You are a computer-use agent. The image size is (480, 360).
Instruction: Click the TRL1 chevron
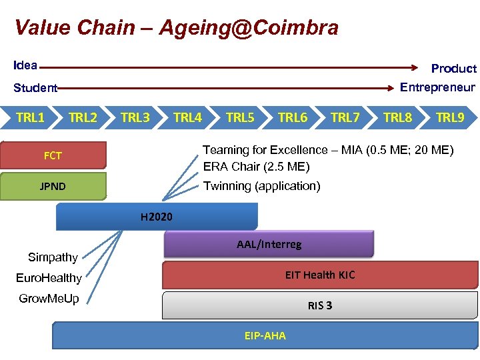click(31, 118)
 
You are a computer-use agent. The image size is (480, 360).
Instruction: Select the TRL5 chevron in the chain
click(240, 118)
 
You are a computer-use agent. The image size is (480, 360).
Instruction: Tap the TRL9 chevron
click(450, 118)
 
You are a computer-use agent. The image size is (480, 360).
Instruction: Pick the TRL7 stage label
click(345, 118)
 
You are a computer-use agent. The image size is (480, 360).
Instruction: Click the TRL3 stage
click(135, 118)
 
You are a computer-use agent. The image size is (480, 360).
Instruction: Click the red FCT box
click(53, 156)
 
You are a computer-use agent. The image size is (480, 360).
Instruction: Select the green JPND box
click(53, 187)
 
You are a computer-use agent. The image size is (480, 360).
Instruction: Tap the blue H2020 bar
click(157, 217)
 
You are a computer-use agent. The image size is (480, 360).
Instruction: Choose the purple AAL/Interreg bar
click(269, 245)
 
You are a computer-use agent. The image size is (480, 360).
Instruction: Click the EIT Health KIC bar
click(320, 275)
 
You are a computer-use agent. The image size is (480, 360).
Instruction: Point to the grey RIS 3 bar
click(320, 305)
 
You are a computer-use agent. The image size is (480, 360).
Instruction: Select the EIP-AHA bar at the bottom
click(265, 336)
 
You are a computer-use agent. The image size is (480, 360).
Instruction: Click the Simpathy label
click(53, 257)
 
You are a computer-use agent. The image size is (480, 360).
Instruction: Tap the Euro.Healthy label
click(49, 278)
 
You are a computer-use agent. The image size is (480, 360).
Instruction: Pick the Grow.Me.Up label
click(49, 299)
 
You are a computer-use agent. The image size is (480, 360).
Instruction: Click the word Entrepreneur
click(437, 87)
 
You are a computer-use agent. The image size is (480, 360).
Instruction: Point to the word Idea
click(25, 65)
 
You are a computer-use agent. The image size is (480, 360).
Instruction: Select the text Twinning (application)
click(261, 186)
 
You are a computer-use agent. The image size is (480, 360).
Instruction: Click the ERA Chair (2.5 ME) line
click(256, 167)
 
